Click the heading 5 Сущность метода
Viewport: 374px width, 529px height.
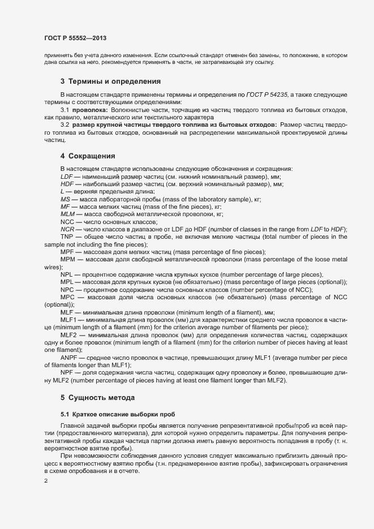[x=97, y=398]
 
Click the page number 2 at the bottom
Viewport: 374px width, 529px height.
[x=45, y=481]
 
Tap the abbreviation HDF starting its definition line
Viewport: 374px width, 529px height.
[x=67, y=184]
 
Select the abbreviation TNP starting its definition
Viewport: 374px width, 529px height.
[x=67, y=236]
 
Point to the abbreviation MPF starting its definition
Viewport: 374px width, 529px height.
[x=67, y=251]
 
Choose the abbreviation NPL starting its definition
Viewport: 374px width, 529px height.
[x=67, y=274]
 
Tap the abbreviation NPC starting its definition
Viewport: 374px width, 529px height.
[x=67, y=289]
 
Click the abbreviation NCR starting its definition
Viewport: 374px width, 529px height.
[x=67, y=229]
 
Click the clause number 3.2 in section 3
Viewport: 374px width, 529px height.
[x=65, y=124]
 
